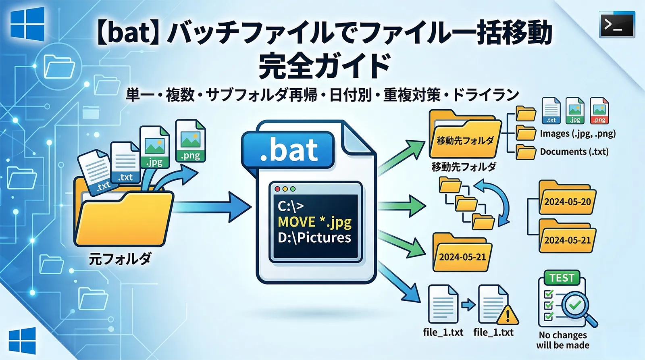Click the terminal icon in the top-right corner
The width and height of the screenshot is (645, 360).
(617, 25)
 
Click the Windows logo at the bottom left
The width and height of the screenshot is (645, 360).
(22, 341)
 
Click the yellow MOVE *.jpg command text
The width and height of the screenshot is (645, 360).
(314, 222)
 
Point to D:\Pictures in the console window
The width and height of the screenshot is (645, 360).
(314, 237)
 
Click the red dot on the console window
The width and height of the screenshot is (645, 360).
(277, 189)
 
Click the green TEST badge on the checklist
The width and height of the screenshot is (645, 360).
(562, 278)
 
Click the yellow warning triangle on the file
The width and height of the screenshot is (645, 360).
(508, 315)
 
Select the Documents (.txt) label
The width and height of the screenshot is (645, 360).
(574, 152)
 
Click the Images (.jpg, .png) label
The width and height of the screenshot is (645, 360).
(578, 133)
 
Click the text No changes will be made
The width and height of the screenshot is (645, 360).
(563, 340)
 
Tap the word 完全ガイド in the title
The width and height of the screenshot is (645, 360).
(325, 66)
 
